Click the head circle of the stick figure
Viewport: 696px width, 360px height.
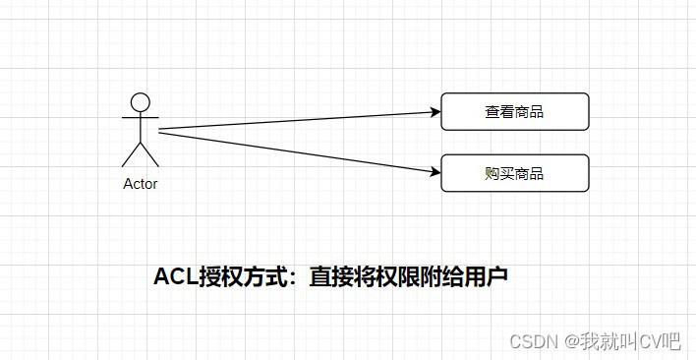pyautogui.click(x=141, y=101)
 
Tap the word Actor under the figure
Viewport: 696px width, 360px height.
pyautogui.click(x=140, y=184)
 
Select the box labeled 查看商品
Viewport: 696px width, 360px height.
pyautogui.click(x=514, y=111)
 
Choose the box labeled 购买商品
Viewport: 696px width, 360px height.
pyautogui.click(x=514, y=173)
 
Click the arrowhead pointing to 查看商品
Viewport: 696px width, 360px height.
pyautogui.click(x=434, y=113)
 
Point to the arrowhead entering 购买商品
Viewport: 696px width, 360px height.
pyautogui.click(x=434, y=173)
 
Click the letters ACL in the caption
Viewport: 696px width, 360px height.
pyautogui.click(x=174, y=277)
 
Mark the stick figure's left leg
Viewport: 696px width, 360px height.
pyautogui.click(x=131, y=154)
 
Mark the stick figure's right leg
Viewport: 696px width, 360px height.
pyautogui.click(x=150, y=154)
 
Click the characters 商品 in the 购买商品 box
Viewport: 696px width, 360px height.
pyautogui.click(x=529, y=174)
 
